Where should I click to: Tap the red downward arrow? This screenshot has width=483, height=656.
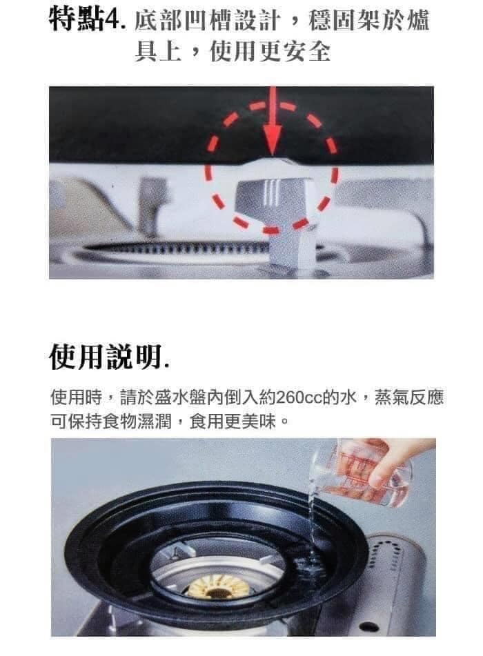273,121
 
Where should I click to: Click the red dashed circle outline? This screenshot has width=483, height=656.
208,168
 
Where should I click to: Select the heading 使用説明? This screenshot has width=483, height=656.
109,357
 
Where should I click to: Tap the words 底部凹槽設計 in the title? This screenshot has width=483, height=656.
206,20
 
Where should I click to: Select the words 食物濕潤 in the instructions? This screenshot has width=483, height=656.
137,421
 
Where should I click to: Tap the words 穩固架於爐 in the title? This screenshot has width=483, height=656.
369,20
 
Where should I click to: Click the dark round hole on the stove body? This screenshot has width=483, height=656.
368,626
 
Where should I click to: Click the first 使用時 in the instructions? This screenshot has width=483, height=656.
76,397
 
